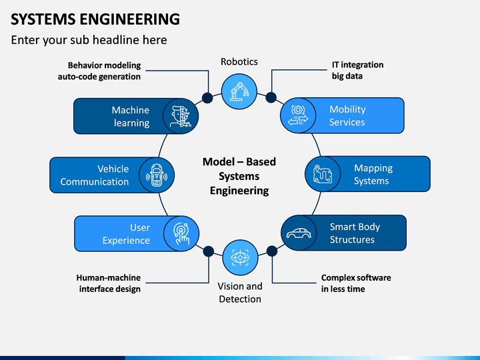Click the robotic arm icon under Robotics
239,91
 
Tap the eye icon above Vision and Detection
240,257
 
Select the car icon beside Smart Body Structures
299,233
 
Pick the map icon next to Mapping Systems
323,174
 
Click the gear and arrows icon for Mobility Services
298,115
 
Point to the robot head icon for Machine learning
181,116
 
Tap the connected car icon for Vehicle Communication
157,175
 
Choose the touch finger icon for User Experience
181,233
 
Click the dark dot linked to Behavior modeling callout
207,98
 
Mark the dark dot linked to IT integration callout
271,97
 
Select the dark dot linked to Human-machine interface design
209,251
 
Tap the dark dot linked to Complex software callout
272,251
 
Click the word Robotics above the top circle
239,61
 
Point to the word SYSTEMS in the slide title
43,19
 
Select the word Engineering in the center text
239,191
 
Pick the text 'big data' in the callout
347,76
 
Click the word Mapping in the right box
373,168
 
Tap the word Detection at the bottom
240,299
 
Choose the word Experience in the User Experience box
126,241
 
